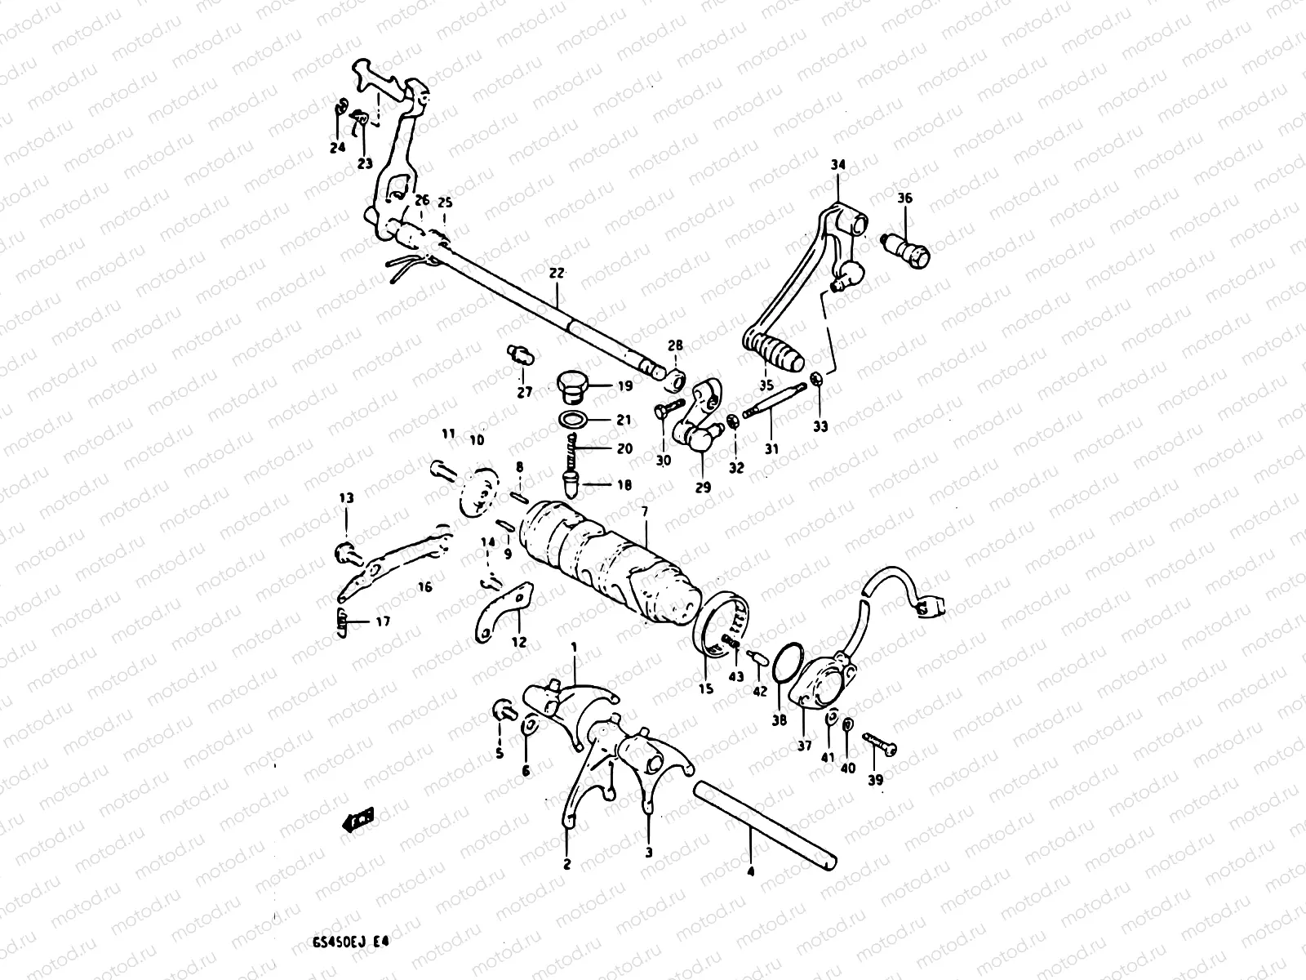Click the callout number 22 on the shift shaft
coord(557,274)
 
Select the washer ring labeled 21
coord(575,420)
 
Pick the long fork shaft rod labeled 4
coord(767,826)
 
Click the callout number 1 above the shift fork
coord(574,647)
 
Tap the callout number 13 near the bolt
coord(347,498)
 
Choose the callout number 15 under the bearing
coord(706,689)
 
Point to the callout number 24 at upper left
coord(337,148)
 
